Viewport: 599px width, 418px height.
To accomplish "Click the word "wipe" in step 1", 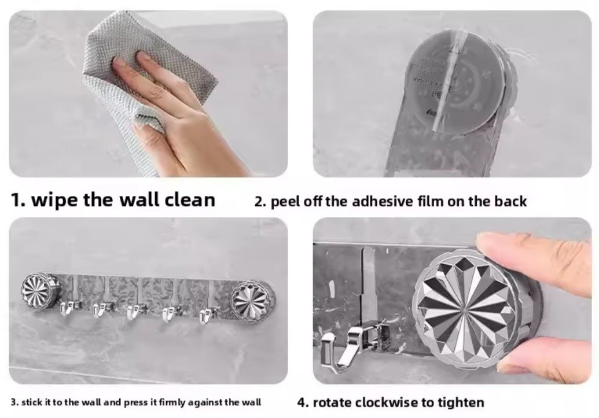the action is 54,199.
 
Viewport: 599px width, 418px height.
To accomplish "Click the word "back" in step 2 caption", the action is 511,201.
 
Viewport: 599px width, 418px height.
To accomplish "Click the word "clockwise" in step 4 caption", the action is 387,402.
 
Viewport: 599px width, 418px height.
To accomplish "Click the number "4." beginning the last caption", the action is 303,402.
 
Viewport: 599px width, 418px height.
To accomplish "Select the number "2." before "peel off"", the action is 260,201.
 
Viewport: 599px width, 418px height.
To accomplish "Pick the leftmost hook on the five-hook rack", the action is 70,308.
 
